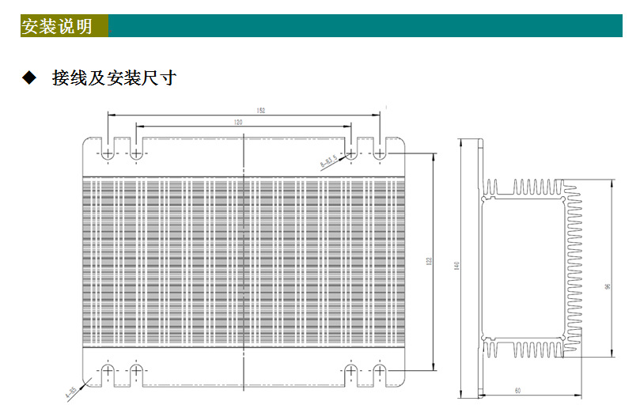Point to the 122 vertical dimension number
click(x=428, y=260)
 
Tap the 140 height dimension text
click(x=456, y=267)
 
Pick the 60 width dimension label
click(x=517, y=390)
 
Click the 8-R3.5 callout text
click(x=328, y=162)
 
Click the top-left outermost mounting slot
click(x=108, y=151)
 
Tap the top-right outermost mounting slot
click(x=380, y=151)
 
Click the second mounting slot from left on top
click(x=136, y=151)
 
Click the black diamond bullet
click(x=29, y=78)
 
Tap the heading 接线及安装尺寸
click(x=114, y=78)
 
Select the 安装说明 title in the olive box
click(x=57, y=26)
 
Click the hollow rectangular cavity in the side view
click(x=522, y=269)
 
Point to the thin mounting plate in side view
click(x=479, y=269)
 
